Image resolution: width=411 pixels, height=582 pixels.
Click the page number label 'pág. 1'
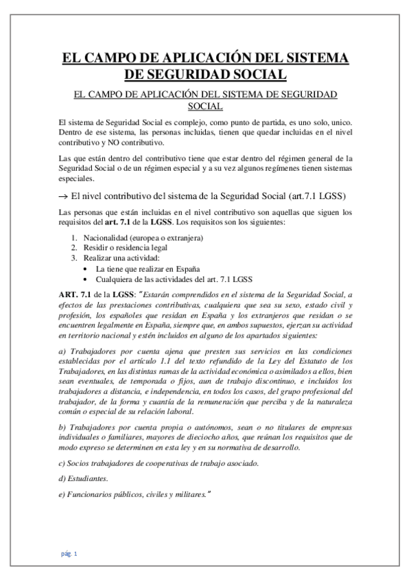pyautogui.click(x=69, y=553)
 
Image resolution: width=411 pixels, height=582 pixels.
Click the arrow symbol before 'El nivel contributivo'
pyautogui.click(x=64, y=195)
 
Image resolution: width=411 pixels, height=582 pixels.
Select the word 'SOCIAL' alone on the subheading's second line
pyautogui.click(x=205, y=106)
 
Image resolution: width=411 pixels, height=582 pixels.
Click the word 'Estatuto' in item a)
pyautogui.click(x=320, y=362)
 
